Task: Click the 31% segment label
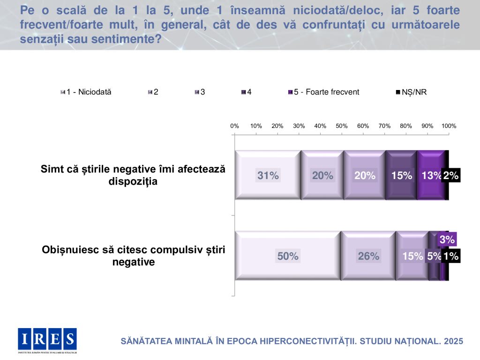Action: pos(268,176)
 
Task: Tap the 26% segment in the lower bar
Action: pos(368,256)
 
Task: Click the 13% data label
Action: pos(431,176)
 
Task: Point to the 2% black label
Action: pos(451,176)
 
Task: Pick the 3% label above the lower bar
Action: pos(447,240)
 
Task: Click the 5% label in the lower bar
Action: pos(434,256)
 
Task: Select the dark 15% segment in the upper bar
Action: pos(401,176)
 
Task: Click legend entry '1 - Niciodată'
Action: pos(86,92)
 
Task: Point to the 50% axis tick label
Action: pos(342,126)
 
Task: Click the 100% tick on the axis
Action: pos(449,126)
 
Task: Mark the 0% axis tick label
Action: pos(234,126)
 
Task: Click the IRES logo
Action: pos(47,339)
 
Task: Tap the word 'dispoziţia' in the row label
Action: pos(133,182)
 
